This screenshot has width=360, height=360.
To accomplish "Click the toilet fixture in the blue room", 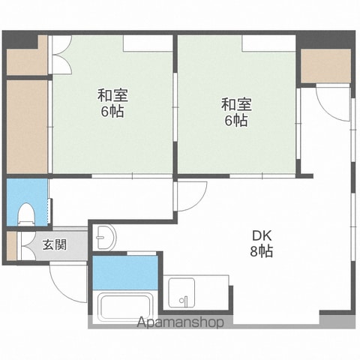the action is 25,214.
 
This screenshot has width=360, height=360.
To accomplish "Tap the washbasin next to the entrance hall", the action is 104,237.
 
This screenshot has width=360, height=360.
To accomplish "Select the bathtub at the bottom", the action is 124,307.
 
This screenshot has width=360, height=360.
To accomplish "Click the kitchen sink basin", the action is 181,292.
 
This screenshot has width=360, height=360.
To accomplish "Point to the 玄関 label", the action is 55,244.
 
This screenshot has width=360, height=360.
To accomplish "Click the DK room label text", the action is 261,235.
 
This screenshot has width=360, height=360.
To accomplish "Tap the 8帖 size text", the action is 262,251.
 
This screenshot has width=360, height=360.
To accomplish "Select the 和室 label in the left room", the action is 112,95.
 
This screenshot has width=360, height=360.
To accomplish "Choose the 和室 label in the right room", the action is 236,104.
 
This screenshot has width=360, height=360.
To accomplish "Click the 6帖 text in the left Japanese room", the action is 112,111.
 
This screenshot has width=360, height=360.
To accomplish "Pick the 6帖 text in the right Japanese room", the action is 236,121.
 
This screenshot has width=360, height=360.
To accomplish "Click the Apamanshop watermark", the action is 180,322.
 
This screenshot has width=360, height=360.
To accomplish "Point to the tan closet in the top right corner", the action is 325,66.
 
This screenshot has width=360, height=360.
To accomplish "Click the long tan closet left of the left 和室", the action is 27,127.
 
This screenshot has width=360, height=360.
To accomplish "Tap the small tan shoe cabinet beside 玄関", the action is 11,246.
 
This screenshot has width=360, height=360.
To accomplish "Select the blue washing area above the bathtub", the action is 125,272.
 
